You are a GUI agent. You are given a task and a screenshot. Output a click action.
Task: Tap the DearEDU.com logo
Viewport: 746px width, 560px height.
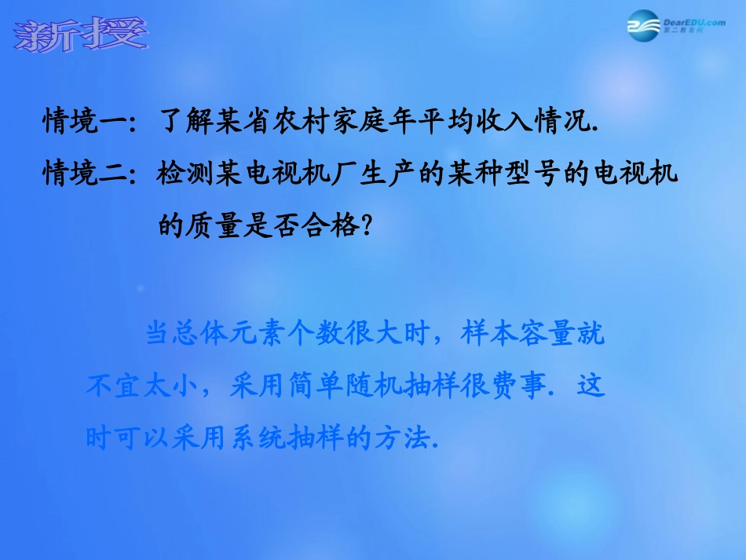click(675, 27)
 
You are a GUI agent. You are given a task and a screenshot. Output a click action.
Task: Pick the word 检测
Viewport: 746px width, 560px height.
click(186, 174)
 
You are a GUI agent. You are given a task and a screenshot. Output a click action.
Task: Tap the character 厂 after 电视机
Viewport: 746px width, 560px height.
click(342, 174)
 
